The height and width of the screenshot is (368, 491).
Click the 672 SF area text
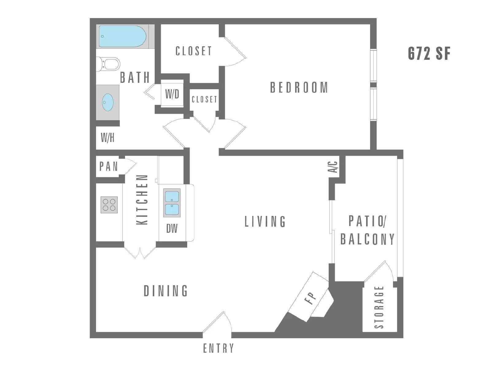pos(429,54)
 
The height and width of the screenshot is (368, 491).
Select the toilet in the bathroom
pos(108,64)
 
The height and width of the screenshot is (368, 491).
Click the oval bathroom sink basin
pos(108,102)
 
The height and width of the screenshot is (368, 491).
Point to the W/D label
pos(172,94)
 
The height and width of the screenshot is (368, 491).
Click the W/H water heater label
pos(108,138)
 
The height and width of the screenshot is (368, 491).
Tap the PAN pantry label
pos(109,167)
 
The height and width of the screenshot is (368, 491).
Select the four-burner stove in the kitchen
pos(109,205)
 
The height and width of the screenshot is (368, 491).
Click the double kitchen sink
pos(172,203)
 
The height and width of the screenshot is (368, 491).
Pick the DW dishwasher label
pos(172,228)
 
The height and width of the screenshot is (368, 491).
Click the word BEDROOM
pos(299,87)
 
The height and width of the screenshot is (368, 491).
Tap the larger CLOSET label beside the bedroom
pos(194,51)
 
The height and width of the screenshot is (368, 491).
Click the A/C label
pos(333,167)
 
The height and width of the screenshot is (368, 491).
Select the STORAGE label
pos(379,307)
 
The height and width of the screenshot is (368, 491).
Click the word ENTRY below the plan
pos(218,348)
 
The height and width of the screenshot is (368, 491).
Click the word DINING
pos(166,291)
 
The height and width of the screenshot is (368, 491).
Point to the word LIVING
pos(265,221)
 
